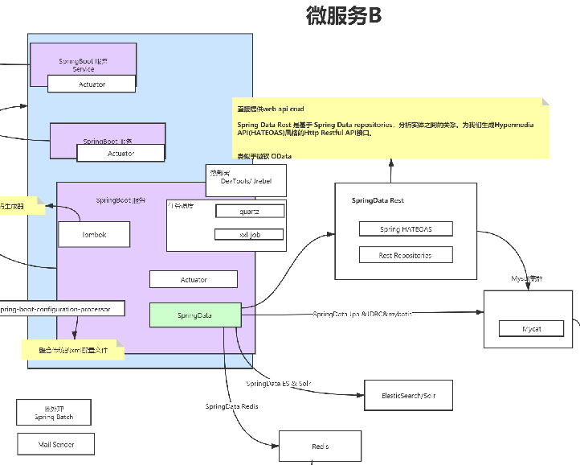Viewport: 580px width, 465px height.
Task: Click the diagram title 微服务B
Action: click(x=344, y=15)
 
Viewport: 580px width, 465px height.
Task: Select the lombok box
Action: click(x=94, y=234)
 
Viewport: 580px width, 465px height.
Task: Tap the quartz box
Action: click(x=249, y=211)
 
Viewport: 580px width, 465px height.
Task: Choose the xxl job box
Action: click(x=249, y=234)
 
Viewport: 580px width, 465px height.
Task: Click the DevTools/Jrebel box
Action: click(x=246, y=180)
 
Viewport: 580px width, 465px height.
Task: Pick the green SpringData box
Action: click(x=195, y=315)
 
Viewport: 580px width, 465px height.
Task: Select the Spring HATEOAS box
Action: click(x=406, y=229)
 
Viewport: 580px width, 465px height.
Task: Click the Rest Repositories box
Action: click(x=406, y=255)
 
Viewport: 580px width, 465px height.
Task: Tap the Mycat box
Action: click(x=532, y=329)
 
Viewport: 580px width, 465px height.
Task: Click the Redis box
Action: click(x=321, y=446)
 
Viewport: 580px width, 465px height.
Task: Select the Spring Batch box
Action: click(x=54, y=413)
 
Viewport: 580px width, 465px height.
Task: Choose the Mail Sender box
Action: click(x=56, y=443)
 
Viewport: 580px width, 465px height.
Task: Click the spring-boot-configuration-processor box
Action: click(x=61, y=308)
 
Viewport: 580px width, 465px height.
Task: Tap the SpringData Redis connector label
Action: click(x=231, y=407)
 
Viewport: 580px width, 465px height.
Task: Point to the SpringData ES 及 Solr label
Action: click(x=278, y=384)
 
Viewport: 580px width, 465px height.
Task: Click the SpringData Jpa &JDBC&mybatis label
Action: click(x=362, y=313)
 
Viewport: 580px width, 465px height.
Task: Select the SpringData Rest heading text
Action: click(x=378, y=200)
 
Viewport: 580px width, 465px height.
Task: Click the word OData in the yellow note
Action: click(x=281, y=155)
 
